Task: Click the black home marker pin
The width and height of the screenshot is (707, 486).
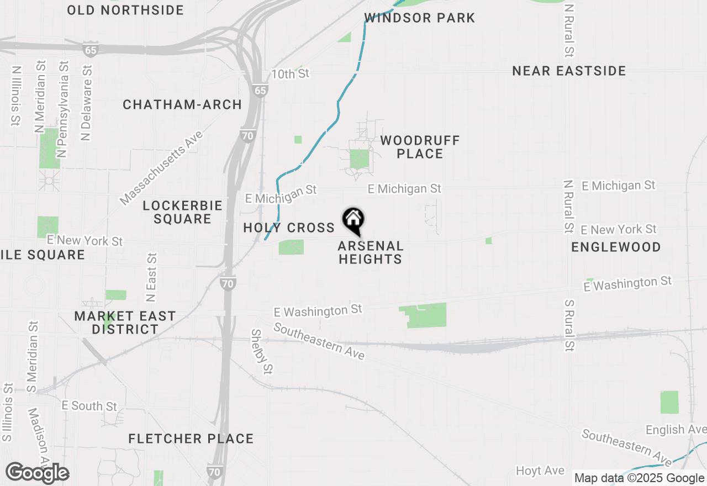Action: tap(353, 220)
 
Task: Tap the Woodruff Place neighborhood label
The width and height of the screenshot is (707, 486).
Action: tap(420, 147)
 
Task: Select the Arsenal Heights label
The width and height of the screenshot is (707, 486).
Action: tap(370, 252)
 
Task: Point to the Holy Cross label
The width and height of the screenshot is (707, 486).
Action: tap(289, 228)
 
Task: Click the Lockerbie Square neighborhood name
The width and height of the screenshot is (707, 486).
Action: tap(182, 212)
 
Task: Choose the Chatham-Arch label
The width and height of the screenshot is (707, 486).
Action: tap(182, 104)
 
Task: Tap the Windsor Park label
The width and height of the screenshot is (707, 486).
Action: tap(420, 18)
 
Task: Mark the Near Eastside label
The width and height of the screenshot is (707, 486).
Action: tap(569, 71)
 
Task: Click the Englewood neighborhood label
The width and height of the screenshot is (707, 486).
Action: tap(616, 247)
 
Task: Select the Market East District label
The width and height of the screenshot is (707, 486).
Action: tap(125, 323)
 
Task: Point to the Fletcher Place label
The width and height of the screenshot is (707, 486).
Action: tap(191, 439)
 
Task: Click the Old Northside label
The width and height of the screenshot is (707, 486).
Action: tap(125, 10)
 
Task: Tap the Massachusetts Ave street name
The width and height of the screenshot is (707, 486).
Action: tap(161, 168)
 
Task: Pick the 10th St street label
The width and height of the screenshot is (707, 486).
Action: tap(290, 73)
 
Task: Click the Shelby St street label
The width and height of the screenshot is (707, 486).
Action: tap(262, 350)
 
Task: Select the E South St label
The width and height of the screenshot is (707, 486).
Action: tap(89, 406)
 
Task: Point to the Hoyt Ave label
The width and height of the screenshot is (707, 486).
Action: tap(540, 471)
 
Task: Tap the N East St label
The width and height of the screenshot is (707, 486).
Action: tap(151, 277)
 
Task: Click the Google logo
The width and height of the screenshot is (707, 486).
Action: tap(37, 473)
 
